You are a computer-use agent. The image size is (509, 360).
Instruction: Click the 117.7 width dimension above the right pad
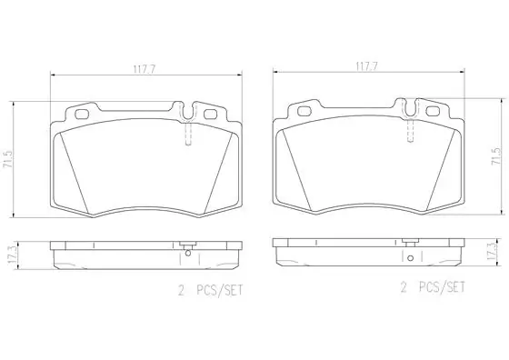tap(367, 67)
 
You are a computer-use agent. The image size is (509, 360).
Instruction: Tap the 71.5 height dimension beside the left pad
tap(8, 159)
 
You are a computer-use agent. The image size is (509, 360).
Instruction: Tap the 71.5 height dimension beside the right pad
tap(497, 156)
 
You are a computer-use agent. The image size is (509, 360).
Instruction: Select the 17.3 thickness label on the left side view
tap(13, 256)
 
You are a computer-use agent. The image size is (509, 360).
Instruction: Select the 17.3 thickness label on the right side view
tap(493, 251)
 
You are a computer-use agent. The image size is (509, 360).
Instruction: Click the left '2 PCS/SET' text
tap(210, 290)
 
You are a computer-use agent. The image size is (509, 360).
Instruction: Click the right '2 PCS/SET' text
tap(433, 287)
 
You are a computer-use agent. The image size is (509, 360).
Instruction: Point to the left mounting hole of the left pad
tap(81, 115)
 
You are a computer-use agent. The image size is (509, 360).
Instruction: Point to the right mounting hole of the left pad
tap(210, 115)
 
